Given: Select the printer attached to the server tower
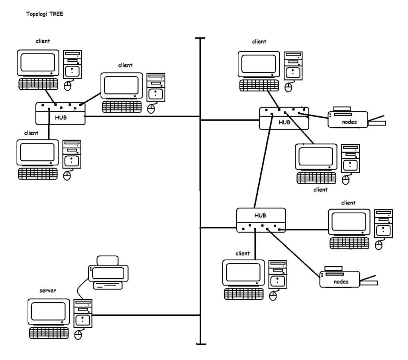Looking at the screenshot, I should [x=108, y=273].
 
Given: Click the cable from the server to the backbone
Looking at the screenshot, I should [x=145, y=315].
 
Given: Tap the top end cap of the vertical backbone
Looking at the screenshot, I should [x=200, y=38].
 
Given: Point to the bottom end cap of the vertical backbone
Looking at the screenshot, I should [x=200, y=343].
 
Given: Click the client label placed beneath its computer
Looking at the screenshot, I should [x=320, y=190].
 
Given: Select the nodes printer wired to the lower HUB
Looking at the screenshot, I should [x=341, y=278].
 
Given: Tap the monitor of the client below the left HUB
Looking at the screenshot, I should [x=37, y=153].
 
